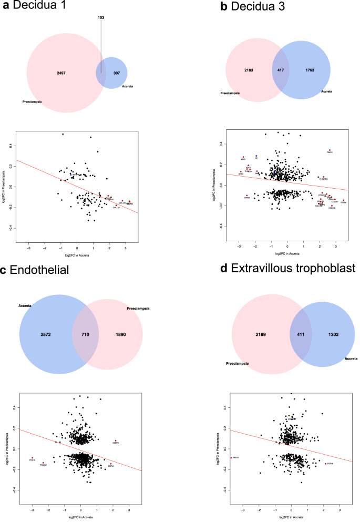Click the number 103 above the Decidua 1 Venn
pos(101,17)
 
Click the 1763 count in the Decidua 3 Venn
pos(308,70)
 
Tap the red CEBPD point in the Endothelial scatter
pos(116,440)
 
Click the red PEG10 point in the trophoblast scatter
pos(231,458)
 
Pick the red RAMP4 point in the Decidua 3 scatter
pos(330,150)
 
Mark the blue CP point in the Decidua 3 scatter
pos(256,156)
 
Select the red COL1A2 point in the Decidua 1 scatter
pos(116,204)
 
